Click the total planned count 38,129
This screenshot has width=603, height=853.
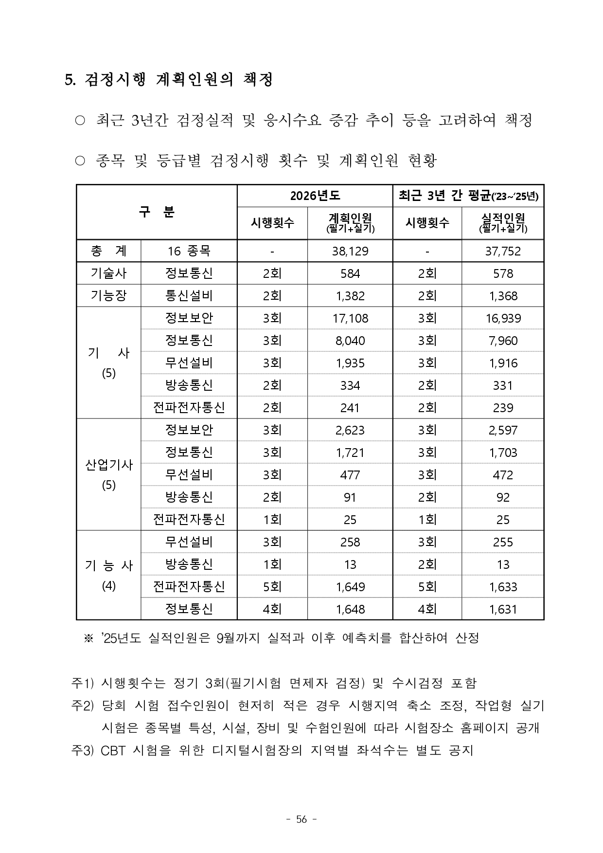click(x=350, y=251)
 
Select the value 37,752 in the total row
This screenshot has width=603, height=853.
click(x=502, y=251)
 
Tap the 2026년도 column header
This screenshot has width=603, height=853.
click(x=315, y=196)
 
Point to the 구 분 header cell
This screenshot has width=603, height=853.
click(x=157, y=212)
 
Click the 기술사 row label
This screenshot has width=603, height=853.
click(x=108, y=273)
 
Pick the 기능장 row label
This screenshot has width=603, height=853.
click(x=108, y=296)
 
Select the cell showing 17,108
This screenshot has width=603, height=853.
click(x=350, y=318)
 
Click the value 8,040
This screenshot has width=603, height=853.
click(x=350, y=341)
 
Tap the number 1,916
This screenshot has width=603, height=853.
click(x=502, y=363)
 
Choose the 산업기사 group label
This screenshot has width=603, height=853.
click(x=108, y=465)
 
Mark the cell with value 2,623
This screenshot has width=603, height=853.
click(x=350, y=430)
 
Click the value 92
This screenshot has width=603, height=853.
click(x=502, y=497)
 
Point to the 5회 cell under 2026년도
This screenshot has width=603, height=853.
click(x=272, y=587)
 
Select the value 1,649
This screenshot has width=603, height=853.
click(x=350, y=587)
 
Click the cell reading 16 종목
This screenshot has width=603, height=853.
click(x=189, y=251)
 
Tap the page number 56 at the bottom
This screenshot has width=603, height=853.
click(x=301, y=819)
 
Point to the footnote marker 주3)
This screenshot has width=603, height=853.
click(x=82, y=750)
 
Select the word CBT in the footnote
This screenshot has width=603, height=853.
click(x=111, y=750)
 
